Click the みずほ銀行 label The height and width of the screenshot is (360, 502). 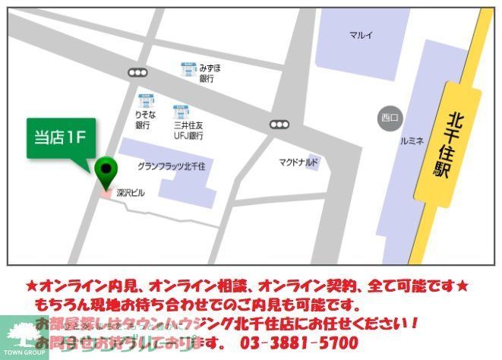pos(210,73)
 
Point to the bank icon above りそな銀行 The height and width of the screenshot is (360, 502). pos(147,99)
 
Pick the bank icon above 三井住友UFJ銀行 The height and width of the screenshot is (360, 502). pos(181,112)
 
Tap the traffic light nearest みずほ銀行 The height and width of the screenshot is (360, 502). pos(137,72)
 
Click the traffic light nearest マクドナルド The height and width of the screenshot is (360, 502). pos(279,124)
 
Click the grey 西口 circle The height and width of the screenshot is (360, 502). pos(390,117)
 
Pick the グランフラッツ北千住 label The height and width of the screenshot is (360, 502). pos(175,166)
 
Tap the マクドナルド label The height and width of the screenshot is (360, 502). pos(298,162)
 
